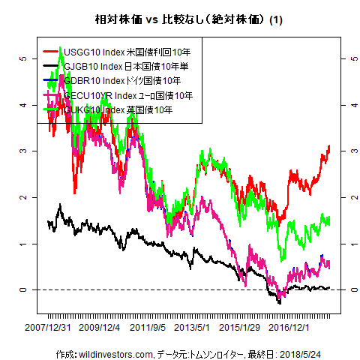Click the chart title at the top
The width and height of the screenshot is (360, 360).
pos(179,17)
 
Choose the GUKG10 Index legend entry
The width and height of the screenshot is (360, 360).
pos(119,109)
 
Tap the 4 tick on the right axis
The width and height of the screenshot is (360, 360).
pos(353,104)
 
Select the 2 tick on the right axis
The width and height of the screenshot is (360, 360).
pos(353,197)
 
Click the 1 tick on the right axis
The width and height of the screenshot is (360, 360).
pos(353,244)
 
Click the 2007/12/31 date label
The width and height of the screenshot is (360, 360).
pos(49,328)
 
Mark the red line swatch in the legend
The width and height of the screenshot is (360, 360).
pos(52,52)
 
